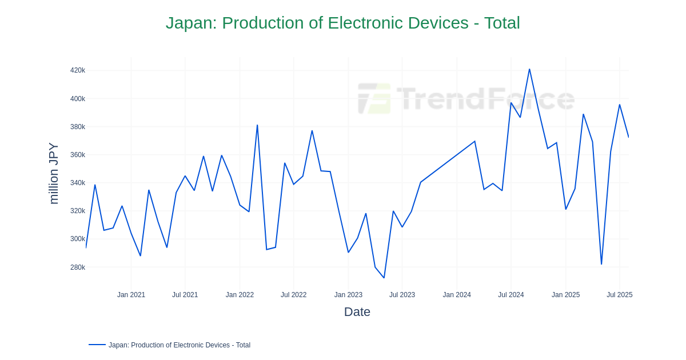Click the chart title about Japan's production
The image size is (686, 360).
[x=342, y=23]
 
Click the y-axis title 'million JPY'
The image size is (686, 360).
[x=53, y=173]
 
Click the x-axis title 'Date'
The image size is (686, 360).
[x=357, y=312]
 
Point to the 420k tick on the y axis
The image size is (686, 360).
[x=78, y=70]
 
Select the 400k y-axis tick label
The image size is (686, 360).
[x=78, y=99]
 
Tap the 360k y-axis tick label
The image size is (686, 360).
[x=78, y=155]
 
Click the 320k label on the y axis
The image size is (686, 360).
[x=78, y=211]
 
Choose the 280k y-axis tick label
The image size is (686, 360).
[x=78, y=267]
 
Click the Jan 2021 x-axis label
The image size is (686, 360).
[x=131, y=295]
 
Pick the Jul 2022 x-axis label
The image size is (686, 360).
[x=293, y=295]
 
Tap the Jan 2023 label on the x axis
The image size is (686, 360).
[x=348, y=295]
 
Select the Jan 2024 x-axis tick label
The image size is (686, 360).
[x=457, y=295]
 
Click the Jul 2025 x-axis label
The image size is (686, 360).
[x=619, y=295]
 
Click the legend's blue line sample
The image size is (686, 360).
[x=97, y=345]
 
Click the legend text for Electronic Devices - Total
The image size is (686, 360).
[x=180, y=345]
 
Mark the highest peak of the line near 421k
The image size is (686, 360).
[x=529, y=69]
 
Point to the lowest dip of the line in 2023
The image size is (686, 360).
[x=384, y=278]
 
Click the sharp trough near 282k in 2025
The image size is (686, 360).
[x=601, y=264]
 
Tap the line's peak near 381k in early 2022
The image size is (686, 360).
[x=257, y=125]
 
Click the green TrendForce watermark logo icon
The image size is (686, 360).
[x=374, y=98]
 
